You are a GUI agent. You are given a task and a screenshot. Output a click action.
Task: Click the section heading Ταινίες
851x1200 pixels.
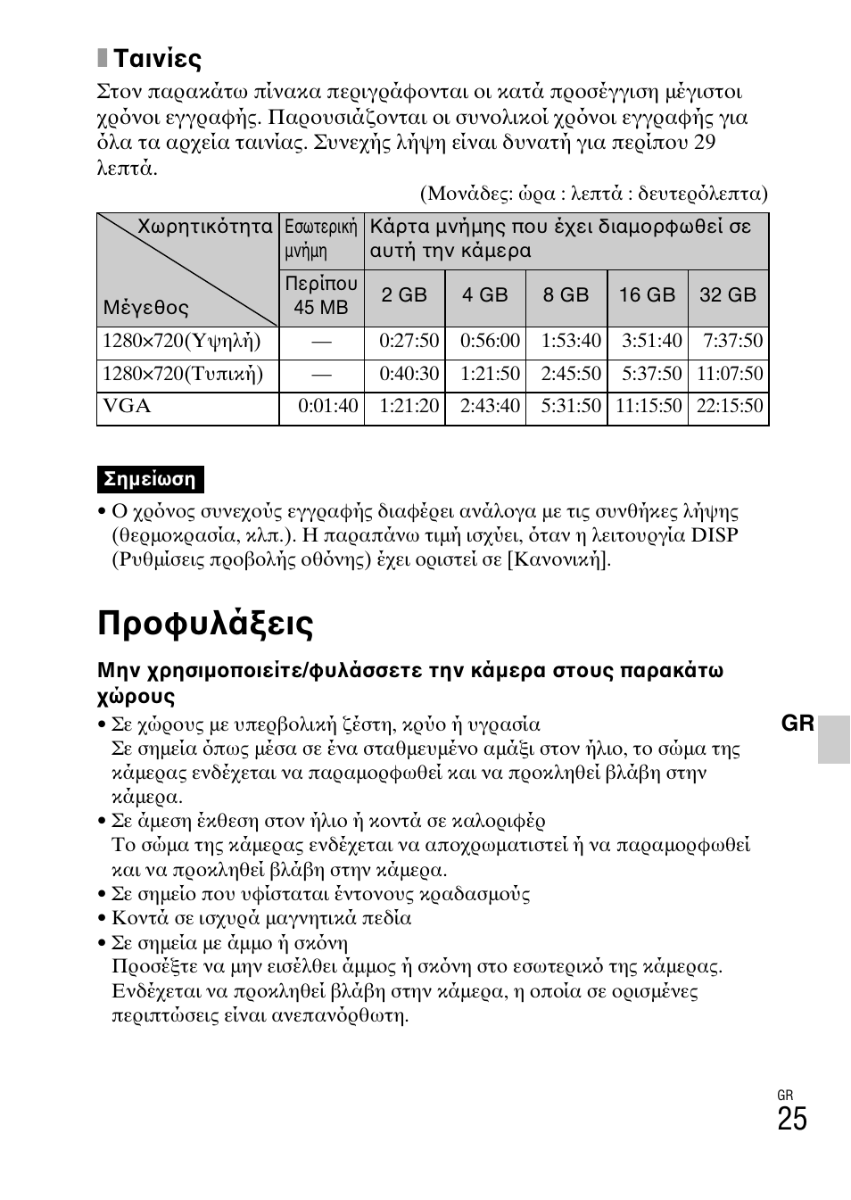point(157,59)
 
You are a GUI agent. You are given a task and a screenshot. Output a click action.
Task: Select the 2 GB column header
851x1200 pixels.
point(404,295)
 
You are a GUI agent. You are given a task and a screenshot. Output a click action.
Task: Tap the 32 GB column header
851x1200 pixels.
point(727,295)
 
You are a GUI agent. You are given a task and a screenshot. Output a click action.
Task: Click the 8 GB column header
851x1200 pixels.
point(566,295)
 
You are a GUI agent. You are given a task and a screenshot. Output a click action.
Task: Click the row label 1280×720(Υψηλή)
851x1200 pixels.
point(182,341)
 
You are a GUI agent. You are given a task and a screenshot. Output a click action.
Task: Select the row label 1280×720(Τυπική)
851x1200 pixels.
point(183,374)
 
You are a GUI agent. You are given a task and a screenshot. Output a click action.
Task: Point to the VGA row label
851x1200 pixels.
point(127,407)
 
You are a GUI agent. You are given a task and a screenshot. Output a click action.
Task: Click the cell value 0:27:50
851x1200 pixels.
point(409,341)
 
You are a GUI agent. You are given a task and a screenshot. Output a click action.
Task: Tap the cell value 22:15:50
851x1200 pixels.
point(730,407)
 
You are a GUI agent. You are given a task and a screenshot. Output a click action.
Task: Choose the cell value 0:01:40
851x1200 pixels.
point(328,407)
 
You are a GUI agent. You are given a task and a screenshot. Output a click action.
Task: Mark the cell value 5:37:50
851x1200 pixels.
point(651,374)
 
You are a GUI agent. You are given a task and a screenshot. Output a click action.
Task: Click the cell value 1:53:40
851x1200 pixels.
point(571,341)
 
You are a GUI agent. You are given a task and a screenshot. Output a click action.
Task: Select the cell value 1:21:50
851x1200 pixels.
point(490,374)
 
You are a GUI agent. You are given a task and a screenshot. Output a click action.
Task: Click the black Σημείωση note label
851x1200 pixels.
point(150,479)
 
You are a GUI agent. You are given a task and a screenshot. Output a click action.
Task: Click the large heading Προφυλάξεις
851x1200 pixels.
point(205,624)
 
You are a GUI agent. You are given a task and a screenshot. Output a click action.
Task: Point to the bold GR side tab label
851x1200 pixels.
point(797,724)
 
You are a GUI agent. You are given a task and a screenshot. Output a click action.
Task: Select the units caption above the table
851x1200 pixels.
point(594,194)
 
